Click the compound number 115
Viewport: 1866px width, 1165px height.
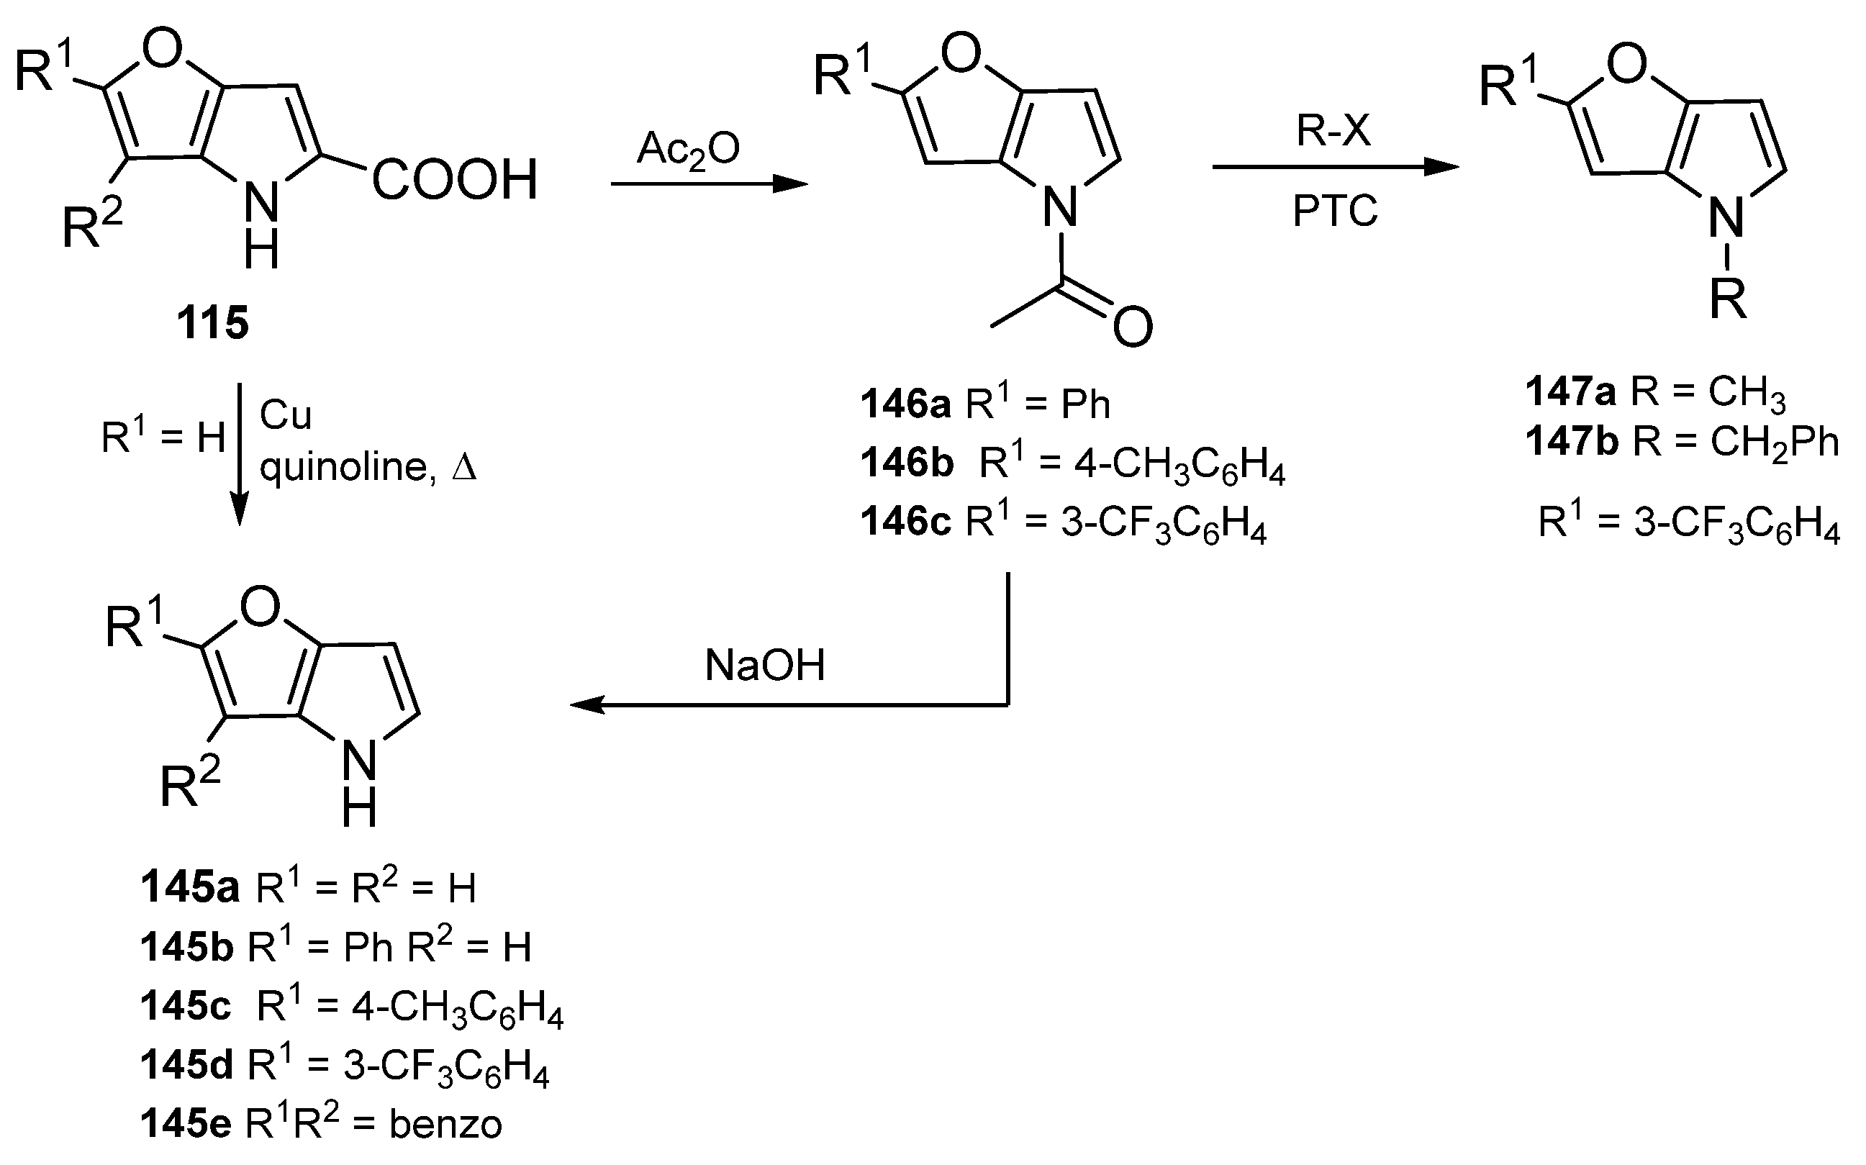[x=214, y=322]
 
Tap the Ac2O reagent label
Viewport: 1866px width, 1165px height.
[x=688, y=148]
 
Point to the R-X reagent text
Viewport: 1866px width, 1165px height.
[x=1333, y=130]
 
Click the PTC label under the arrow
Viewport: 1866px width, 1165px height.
[x=1335, y=210]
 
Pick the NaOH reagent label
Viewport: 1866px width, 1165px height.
[x=764, y=665]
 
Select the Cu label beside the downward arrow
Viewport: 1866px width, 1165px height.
[x=285, y=415]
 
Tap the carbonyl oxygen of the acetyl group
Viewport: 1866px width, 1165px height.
[x=1133, y=327]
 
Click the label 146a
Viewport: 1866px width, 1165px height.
[x=906, y=404]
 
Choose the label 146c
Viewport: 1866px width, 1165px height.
[x=906, y=522]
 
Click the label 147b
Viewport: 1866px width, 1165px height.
[x=1572, y=442]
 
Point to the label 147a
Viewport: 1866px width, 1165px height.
[x=1571, y=392]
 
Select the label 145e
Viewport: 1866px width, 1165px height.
[x=186, y=1124]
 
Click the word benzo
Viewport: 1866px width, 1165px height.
[x=445, y=1124]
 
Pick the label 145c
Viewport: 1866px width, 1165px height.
[x=186, y=1006]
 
